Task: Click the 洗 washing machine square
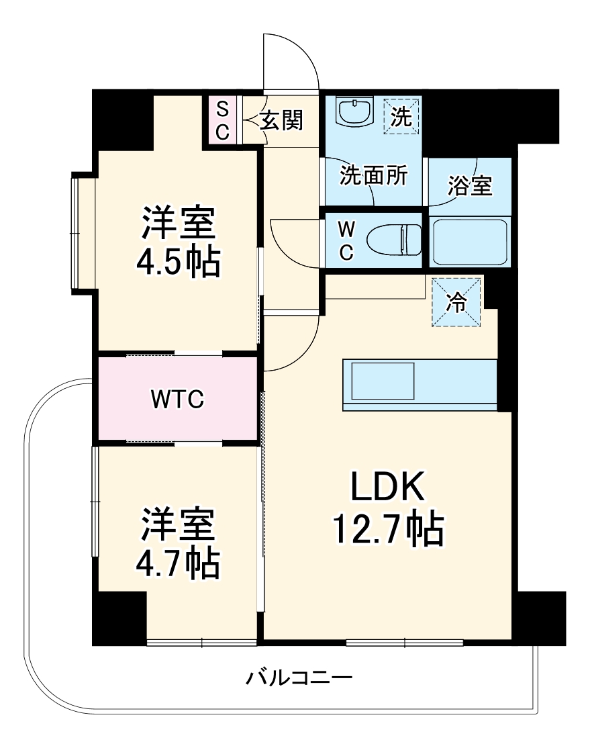pos(402,115)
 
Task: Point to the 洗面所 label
pos(373,175)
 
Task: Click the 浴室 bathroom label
pos(470,185)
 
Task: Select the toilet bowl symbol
pos(393,240)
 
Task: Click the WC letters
pos(346,241)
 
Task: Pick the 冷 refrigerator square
pos(456,303)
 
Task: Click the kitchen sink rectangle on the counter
pos(383,381)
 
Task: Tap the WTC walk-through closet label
pos(177,399)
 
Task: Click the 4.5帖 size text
pos(179,261)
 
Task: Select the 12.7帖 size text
pos(389,528)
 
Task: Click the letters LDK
pos(388,485)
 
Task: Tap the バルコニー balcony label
pos(299,678)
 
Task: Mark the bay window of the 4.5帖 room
pos(84,232)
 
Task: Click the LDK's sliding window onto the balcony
pos(404,643)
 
